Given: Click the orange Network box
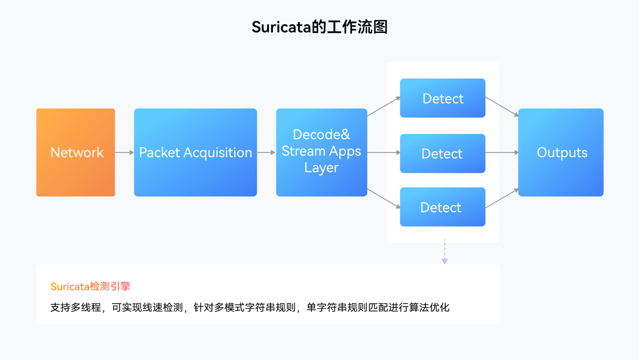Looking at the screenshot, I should click(x=76, y=153).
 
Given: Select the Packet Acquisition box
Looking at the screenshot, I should click(x=195, y=153).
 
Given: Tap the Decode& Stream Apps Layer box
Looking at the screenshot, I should click(x=322, y=153).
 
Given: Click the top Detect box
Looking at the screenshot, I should click(x=442, y=98).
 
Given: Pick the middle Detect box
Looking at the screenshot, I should click(x=442, y=154).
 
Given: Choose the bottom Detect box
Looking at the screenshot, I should click(x=442, y=207).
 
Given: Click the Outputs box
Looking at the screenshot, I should click(x=561, y=153).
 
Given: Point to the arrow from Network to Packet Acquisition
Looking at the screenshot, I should click(x=125, y=153).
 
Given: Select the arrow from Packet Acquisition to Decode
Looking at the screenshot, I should click(x=266, y=153).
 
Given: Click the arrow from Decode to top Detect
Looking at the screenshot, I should click(x=384, y=107).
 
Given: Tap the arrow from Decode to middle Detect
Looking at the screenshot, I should click(x=384, y=153).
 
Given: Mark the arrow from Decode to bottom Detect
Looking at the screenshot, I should click(x=384, y=198).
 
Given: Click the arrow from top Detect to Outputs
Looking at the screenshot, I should click(x=502, y=107).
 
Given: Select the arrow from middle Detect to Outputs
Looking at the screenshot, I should click(x=502, y=153).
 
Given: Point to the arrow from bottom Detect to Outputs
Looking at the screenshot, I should click(x=502, y=198).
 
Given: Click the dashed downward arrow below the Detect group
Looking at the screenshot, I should click(x=445, y=252).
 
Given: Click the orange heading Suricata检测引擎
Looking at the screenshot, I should click(x=91, y=286).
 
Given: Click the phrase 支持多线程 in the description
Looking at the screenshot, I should click(x=76, y=307).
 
